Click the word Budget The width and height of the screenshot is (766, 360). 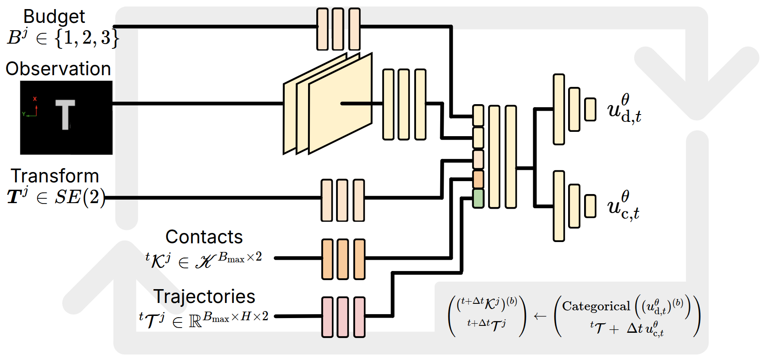click(54, 16)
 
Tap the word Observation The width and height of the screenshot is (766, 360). click(58, 69)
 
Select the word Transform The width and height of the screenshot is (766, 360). click(55, 176)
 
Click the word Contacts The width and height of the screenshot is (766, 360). click(204, 237)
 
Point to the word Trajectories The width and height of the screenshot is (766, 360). click(204, 296)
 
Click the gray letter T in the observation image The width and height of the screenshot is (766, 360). click(65, 114)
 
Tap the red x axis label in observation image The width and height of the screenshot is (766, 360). click(35, 99)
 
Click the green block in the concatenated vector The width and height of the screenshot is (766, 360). click(478, 198)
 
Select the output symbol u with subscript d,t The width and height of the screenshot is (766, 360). click(623, 109)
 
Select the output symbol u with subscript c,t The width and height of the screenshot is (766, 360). click(623, 206)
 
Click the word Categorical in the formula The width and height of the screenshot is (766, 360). click(596, 306)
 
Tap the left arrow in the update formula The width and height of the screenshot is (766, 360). click(540, 316)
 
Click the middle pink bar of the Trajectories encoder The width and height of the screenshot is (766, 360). click(343, 317)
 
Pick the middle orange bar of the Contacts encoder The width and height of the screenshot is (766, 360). click(343, 259)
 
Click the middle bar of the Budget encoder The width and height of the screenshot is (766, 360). click(338, 29)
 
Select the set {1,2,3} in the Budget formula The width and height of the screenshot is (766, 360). click(86, 38)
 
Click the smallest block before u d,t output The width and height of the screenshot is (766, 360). click(590, 109)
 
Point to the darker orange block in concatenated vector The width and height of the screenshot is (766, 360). click(478, 179)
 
